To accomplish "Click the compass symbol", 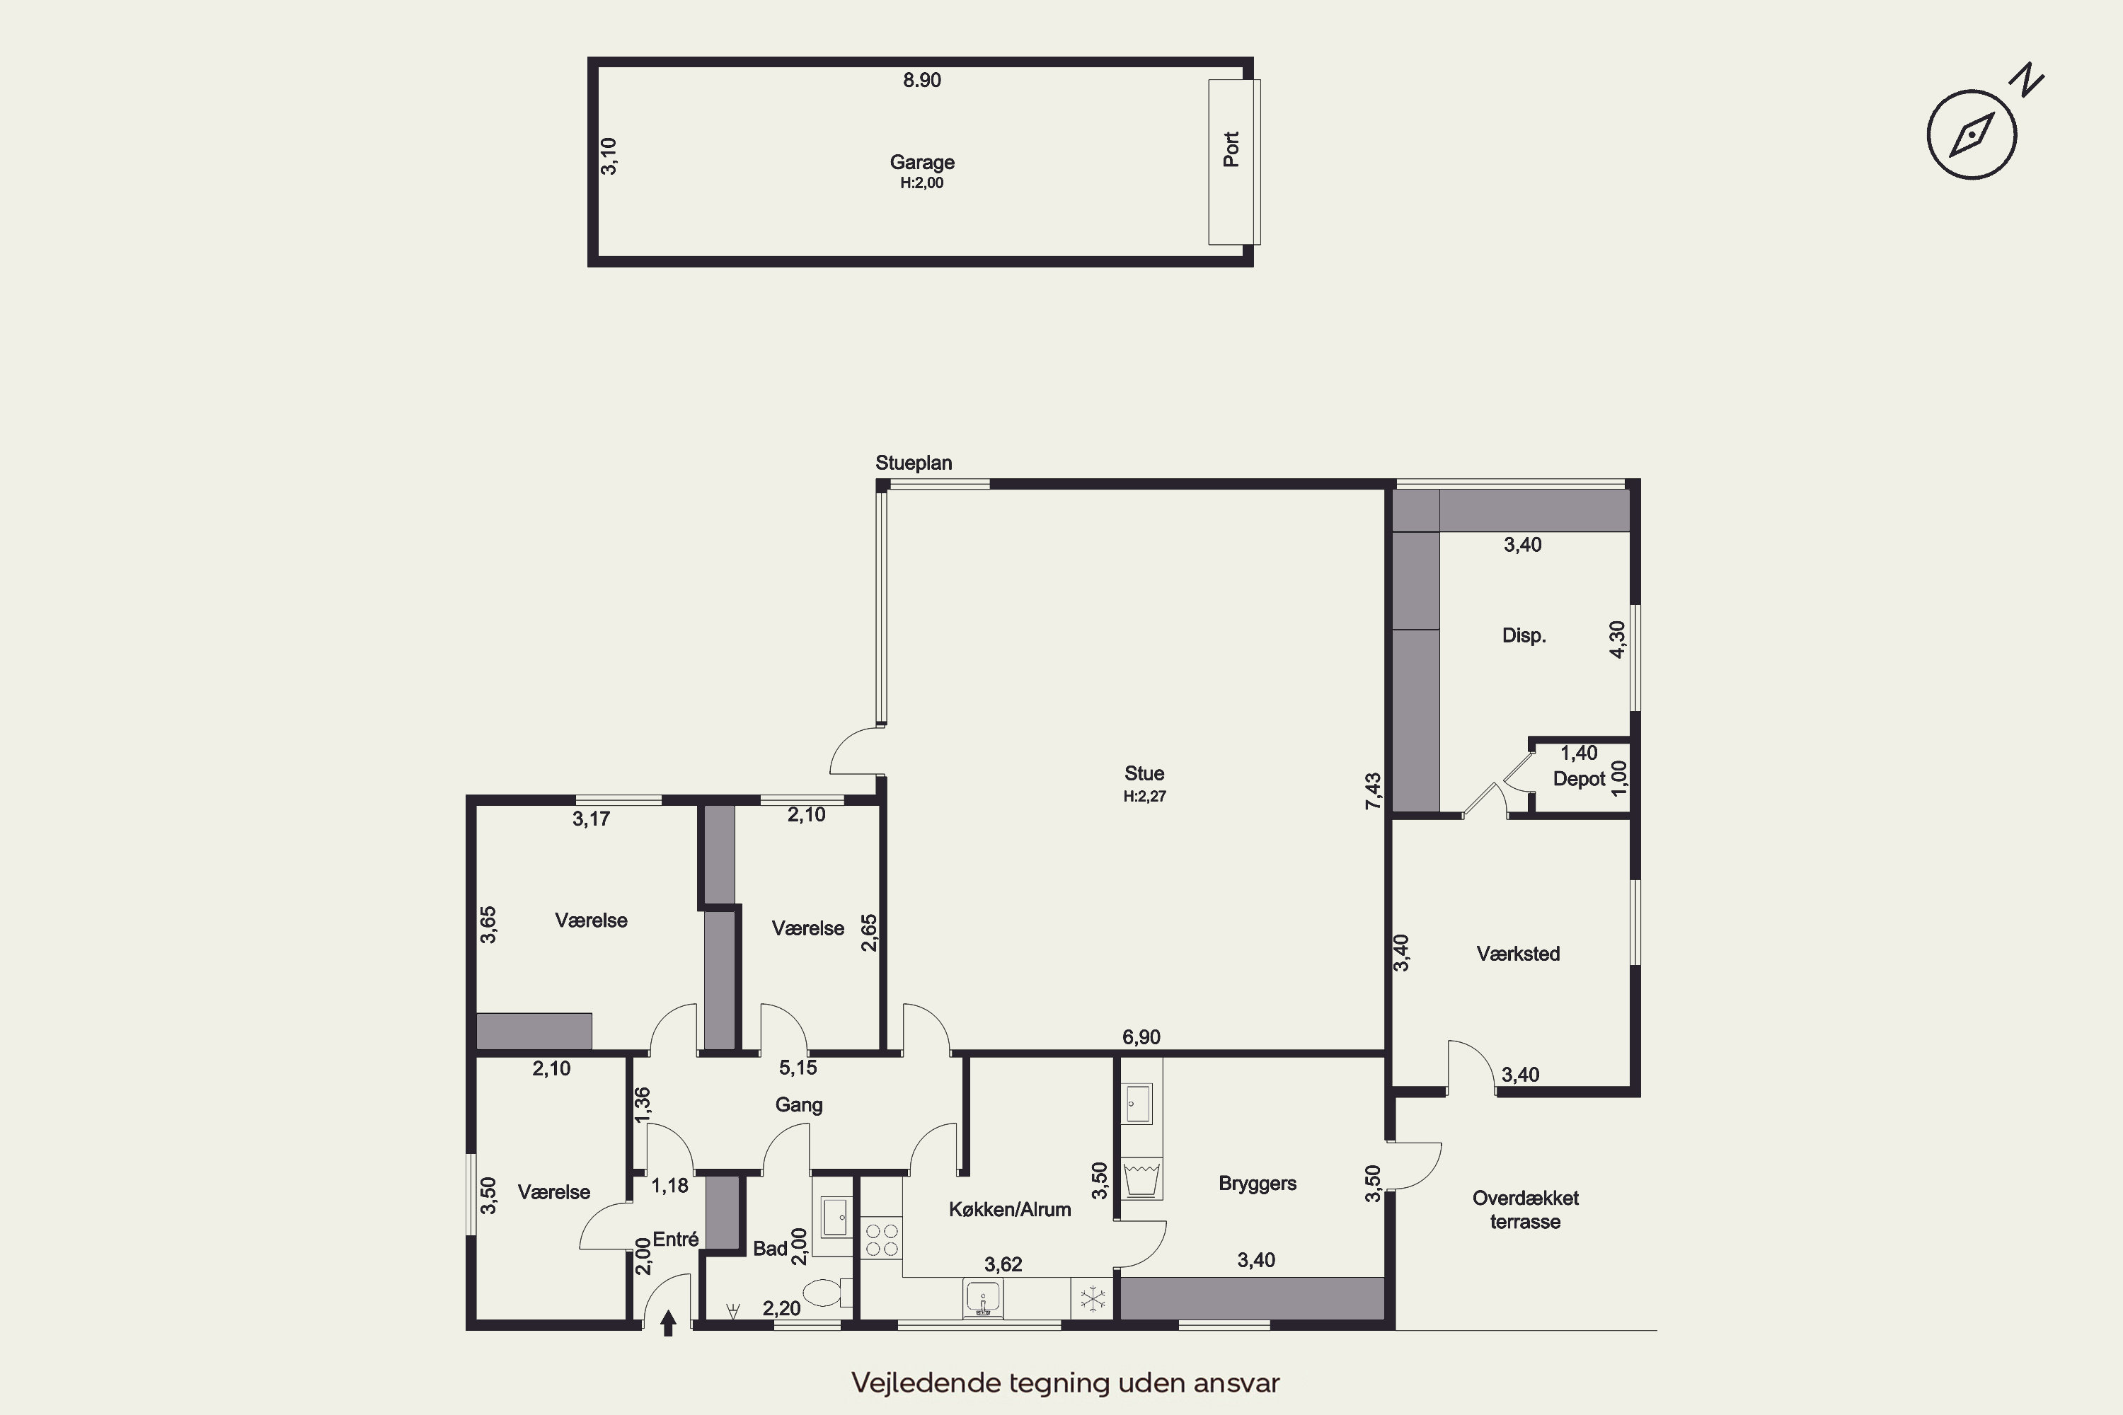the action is tap(1972, 134).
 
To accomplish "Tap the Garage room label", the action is tap(921, 163).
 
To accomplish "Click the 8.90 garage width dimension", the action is tap(921, 81).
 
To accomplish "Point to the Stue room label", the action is tap(1144, 773).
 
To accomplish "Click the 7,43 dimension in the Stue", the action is tap(1373, 790).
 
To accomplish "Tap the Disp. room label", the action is tap(1524, 635).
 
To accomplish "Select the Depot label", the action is tap(1579, 779).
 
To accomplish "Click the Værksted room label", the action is tap(1517, 954).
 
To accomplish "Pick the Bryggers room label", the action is tap(1258, 1184).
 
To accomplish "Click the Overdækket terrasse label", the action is tap(1526, 1209).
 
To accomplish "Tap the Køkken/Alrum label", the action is tap(1009, 1209).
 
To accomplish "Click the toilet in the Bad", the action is tap(827, 1293).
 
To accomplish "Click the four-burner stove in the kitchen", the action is tap(881, 1238).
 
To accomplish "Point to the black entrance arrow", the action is tap(668, 1323).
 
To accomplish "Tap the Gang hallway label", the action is tap(799, 1105).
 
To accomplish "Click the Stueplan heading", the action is tap(914, 463).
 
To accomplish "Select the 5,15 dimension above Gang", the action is tap(798, 1068).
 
